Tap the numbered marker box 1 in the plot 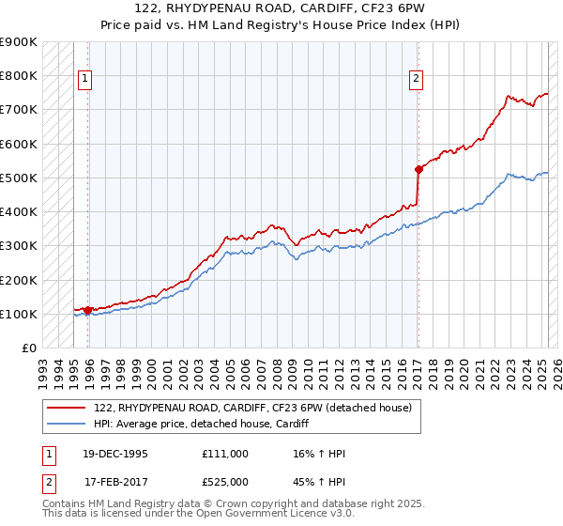coord(85,80)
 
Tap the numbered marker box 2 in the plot coord(415,80)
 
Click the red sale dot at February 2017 coord(418,169)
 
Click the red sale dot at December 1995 coord(88,309)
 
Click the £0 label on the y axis coord(28,348)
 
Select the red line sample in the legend coord(66,408)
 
